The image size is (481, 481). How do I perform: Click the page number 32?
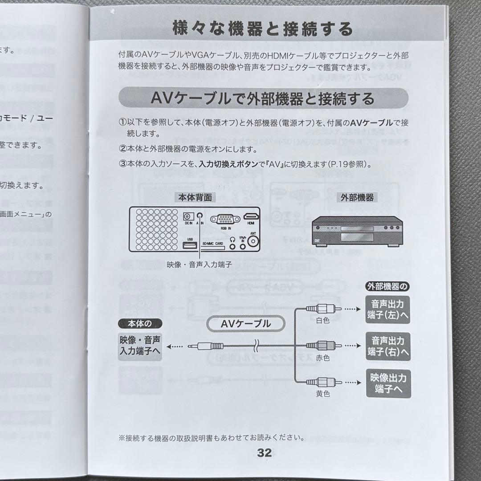(x=264, y=453)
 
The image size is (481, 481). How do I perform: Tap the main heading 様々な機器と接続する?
(x=263, y=29)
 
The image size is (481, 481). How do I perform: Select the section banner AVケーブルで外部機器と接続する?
(x=263, y=98)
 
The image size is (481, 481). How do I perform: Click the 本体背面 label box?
(x=195, y=197)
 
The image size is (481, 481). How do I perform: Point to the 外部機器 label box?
(x=357, y=197)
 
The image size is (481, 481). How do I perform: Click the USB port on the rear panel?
(x=190, y=244)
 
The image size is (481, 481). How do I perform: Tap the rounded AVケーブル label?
(x=245, y=324)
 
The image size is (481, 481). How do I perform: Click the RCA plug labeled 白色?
(x=323, y=308)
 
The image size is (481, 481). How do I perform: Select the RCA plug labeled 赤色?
(x=323, y=346)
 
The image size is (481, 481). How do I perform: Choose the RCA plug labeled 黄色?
(x=323, y=382)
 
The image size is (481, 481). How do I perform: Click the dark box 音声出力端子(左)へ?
(x=388, y=310)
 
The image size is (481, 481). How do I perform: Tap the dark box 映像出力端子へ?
(x=388, y=383)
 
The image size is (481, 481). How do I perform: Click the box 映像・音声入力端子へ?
(x=140, y=346)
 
